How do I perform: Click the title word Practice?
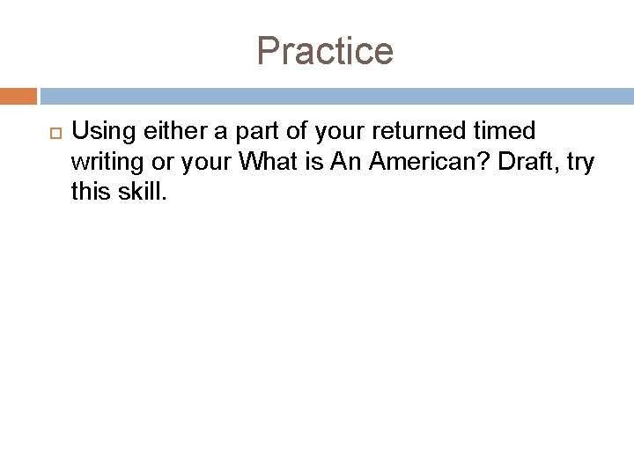point(325,51)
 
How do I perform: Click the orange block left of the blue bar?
point(18,95)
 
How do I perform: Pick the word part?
point(238,133)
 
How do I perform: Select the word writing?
point(101,163)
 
